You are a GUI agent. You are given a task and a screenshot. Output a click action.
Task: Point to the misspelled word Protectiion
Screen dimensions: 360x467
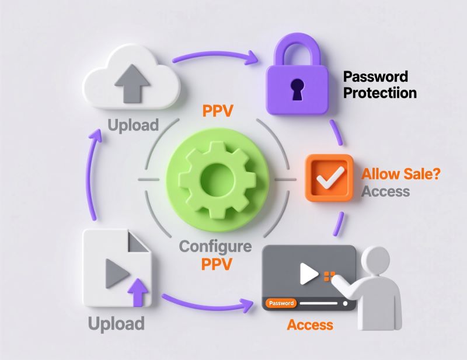(x=380, y=93)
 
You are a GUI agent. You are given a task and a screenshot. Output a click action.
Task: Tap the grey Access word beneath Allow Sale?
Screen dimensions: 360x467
(x=386, y=191)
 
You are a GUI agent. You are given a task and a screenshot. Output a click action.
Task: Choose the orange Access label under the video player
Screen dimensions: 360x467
(x=310, y=324)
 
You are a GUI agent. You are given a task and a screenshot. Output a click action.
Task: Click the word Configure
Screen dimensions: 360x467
(x=215, y=246)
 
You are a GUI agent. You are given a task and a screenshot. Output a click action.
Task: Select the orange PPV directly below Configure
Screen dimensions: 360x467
(x=217, y=264)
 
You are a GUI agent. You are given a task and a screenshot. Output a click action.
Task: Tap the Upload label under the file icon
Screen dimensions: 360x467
(x=116, y=323)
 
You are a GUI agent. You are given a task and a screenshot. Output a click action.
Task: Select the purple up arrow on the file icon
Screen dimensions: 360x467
(x=138, y=291)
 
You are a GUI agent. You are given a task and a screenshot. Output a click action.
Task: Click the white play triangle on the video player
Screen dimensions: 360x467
(x=308, y=273)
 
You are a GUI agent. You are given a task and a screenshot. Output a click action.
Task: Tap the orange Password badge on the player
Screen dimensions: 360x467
(x=281, y=303)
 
